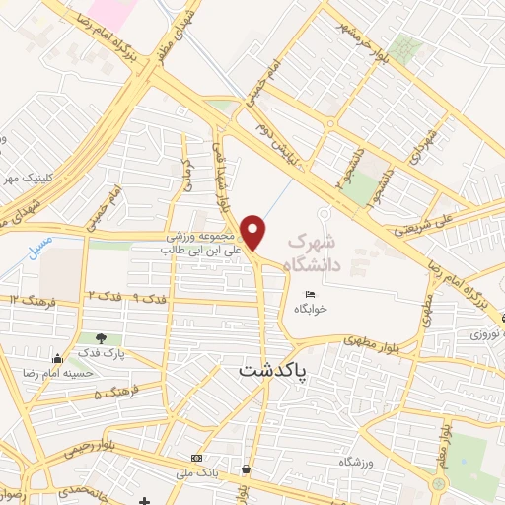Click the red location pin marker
(x=254, y=232)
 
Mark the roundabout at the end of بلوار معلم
(x=439, y=484)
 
